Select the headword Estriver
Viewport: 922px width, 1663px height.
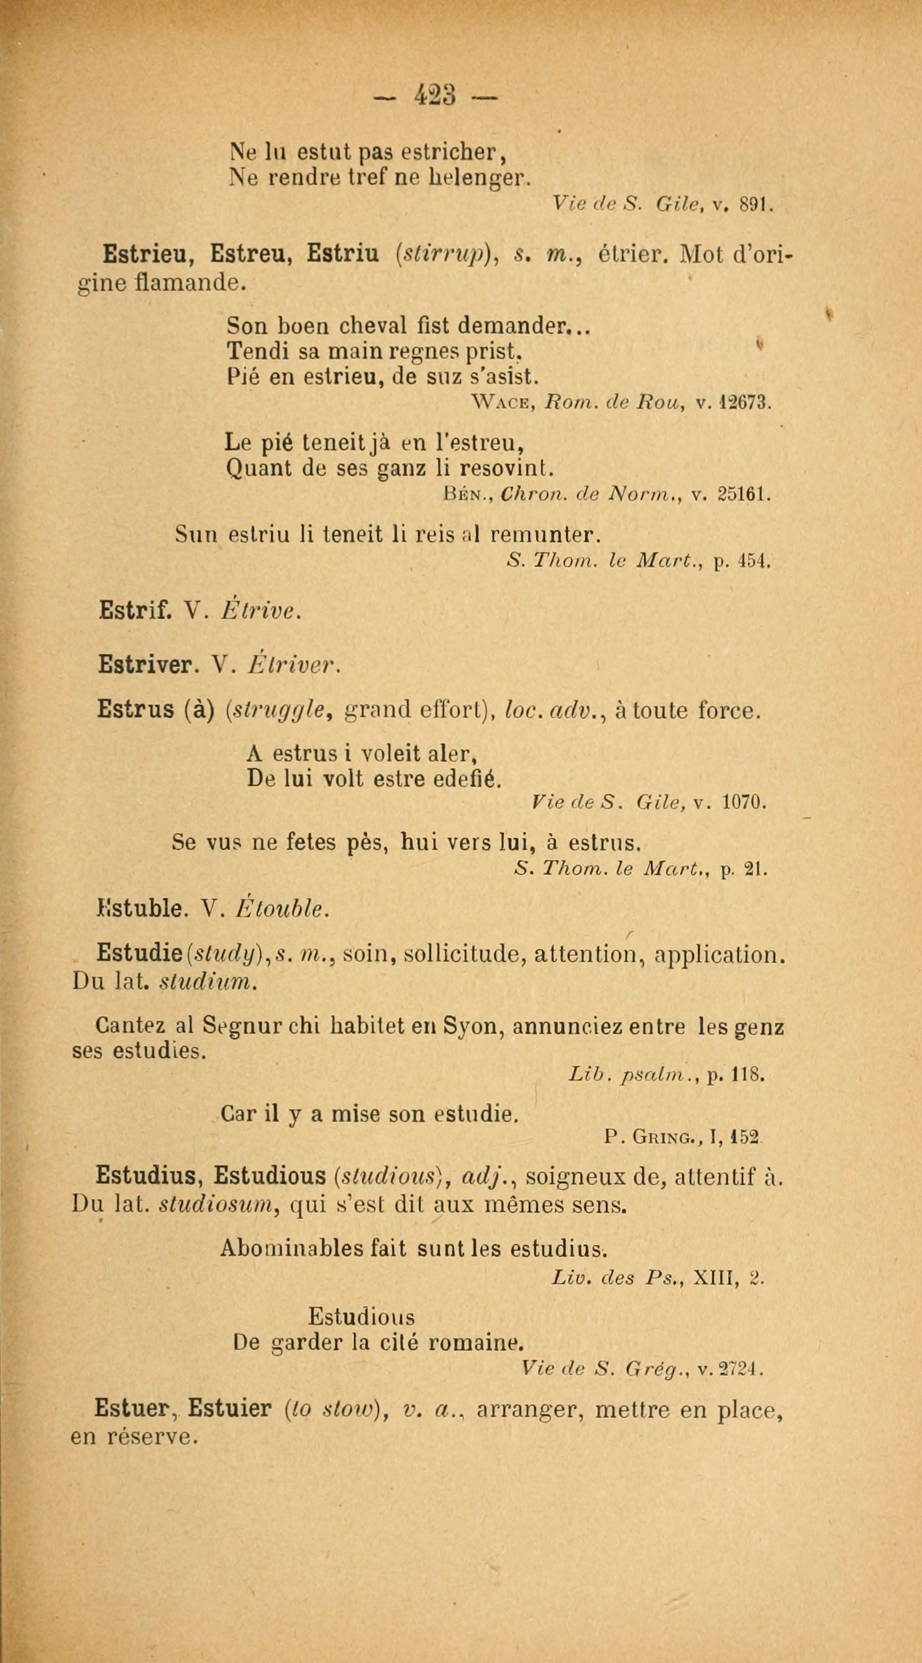[x=144, y=665]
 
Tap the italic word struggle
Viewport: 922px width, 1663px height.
[x=278, y=711]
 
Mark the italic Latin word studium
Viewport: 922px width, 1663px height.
[x=207, y=983]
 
